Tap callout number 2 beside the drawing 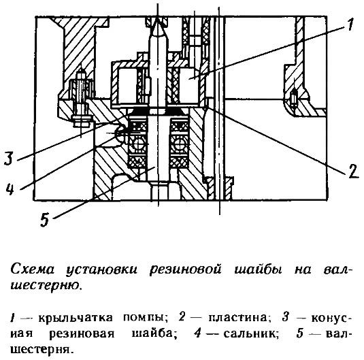point(354,171)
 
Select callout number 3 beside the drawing point(9,158)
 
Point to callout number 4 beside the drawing point(10,189)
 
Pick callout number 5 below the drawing point(45,220)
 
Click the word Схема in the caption point(33,269)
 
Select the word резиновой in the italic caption point(185,269)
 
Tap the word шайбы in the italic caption point(258,269)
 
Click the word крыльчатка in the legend point(76,318)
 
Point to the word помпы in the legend point(146,318)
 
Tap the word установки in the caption point(101,269)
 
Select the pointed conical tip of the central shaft point(158,24)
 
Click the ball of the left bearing point(137,143)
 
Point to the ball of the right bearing point(179,143)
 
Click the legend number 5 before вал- point(300,333)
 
